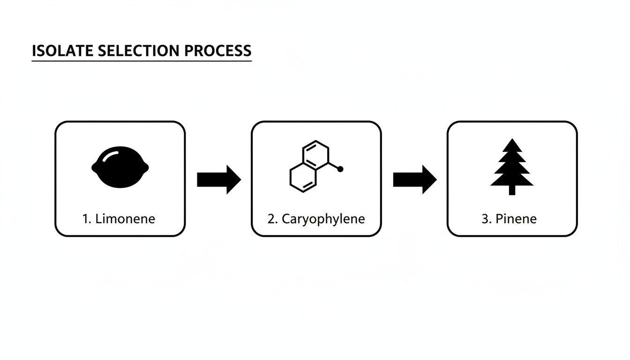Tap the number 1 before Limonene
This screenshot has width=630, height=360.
85,218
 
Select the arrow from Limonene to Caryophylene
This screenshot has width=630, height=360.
218,179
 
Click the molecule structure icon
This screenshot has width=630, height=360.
311,166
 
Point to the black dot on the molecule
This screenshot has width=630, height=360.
340,169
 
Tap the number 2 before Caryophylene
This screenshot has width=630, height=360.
271,218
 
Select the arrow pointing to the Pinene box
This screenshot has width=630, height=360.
414,179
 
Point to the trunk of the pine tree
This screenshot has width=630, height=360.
512,190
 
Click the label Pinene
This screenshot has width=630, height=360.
516,218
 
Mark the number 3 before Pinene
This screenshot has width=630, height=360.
485,218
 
